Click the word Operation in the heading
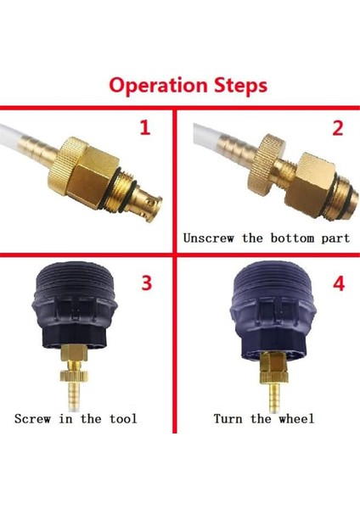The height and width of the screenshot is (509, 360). [x=158, y=86]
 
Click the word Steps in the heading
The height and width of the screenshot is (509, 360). [x=241, y=86]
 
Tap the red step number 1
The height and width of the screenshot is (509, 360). [x=145, y=127]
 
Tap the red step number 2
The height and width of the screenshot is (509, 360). [x=338, y=128]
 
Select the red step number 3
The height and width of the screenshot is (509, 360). [x=147, y=282]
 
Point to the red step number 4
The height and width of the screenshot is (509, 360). [x=339, y=283]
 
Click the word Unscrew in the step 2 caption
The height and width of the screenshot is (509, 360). [x=209, y=238]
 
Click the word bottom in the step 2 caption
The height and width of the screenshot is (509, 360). [x=292, y=238]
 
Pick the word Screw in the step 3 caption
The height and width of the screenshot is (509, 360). [x=32, y=418]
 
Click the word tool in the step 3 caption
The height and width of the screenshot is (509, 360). [x=123, y=418]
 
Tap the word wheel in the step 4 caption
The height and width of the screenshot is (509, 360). [x=296, y=418]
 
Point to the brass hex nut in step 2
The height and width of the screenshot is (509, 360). [x=309, y=185]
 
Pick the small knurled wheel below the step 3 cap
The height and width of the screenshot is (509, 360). [x=74, y=376]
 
